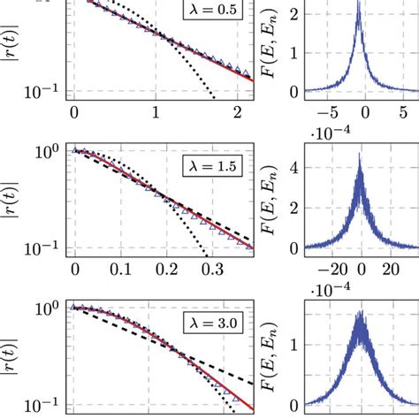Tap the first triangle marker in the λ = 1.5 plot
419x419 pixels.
tap(76, 150)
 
